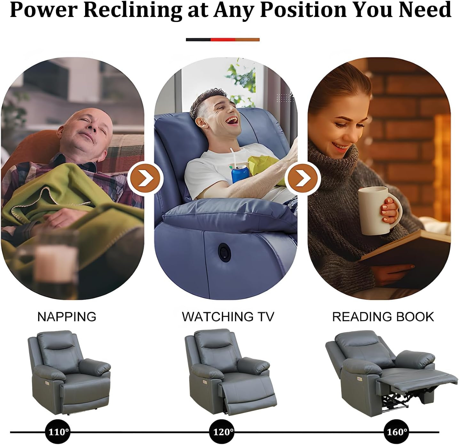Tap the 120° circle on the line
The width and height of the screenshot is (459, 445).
coord(222,432)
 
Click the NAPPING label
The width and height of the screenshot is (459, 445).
coord(67,317)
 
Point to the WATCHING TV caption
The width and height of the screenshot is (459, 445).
coord(228,317)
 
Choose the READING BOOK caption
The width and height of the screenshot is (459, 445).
coord(383,317)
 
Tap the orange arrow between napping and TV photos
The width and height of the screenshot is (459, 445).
coord(146,178)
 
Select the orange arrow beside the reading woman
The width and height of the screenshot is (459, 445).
coord(303,178)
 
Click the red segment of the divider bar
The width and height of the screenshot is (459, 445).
coord(223,40)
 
